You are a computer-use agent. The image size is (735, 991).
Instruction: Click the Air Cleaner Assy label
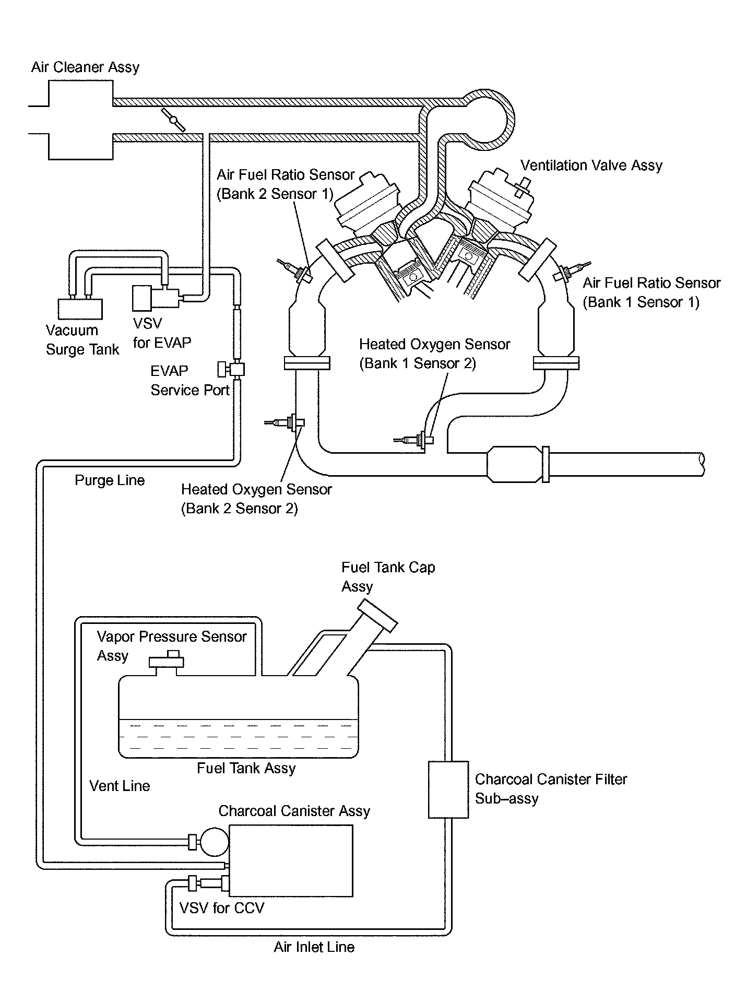tap(85, 67)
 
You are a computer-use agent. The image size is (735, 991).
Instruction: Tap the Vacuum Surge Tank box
tap(80, 309)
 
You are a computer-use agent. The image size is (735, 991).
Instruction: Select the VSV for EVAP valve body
tap(142, 298)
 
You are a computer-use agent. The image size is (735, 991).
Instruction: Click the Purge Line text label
tap(110, 480)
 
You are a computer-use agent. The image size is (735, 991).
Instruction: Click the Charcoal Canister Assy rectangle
tap(291, 860)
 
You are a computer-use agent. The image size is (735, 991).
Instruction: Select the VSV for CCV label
tap(221, 908)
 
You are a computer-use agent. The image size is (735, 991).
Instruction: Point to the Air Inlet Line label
tap(314, 947)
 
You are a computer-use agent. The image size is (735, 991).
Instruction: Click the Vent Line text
tap(120, 786)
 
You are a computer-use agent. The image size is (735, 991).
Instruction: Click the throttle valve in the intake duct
tap(173, 120)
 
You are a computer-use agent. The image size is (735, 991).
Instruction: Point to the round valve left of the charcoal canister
tap(214, 841)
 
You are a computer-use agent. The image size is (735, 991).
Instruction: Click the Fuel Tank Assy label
tap(246, 768)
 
